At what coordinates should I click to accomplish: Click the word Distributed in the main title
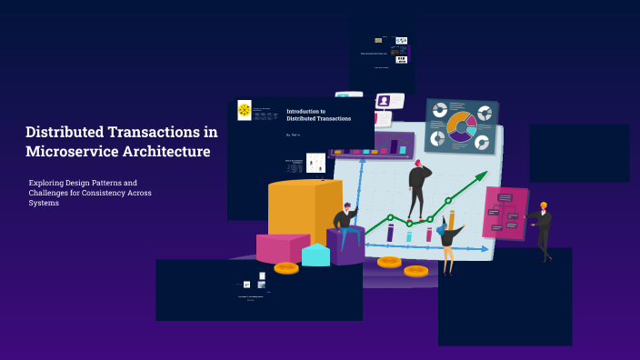click(x=69, y=132)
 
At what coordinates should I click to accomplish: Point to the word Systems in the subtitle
click(x=44, y=203)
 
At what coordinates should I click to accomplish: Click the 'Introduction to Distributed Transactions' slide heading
click(x=318, y=115)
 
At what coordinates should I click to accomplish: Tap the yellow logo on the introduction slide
click(x=245, y=110)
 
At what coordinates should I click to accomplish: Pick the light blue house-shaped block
click(x=315, y=255)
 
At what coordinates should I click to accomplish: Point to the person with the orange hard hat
click(x=543, y=229)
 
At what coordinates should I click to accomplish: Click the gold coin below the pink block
click(x=286, y=268)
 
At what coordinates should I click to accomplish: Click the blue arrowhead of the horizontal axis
click(x=484, y=248)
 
